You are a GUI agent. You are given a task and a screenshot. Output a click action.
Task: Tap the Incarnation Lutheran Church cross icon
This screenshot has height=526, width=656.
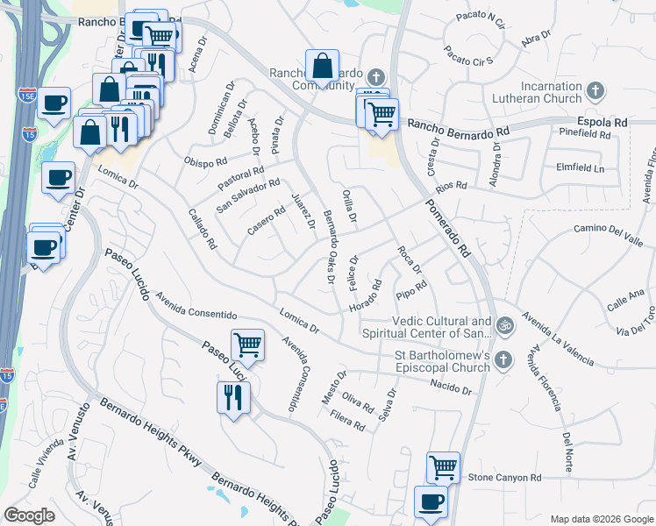tap(595, 90)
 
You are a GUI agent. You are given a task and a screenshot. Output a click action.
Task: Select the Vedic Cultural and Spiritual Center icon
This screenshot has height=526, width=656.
tap(503, 326)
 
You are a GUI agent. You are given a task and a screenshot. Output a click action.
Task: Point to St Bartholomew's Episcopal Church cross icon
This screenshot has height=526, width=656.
tap(503, 359)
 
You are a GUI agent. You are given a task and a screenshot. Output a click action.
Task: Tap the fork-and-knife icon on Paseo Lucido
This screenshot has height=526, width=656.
tap(234, 398)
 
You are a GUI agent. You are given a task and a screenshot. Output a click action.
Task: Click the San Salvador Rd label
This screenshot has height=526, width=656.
tap(248, 196)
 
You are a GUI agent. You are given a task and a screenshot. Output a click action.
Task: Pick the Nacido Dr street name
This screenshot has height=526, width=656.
tap(451, 387)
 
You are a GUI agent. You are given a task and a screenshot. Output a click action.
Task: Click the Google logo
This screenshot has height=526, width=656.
tap(30, 515)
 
